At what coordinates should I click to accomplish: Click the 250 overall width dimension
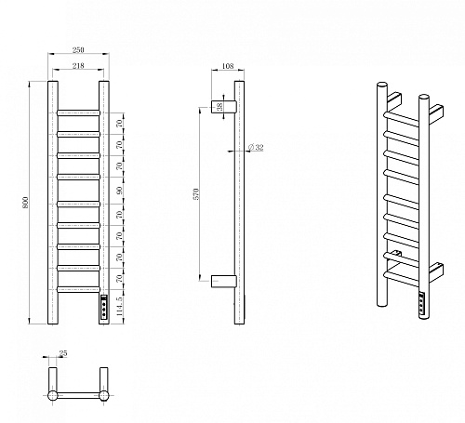78,50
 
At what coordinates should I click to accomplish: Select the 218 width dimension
78,66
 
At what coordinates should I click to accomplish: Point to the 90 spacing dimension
120,191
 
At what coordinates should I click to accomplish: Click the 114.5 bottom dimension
120,306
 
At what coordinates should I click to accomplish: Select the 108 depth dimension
228,66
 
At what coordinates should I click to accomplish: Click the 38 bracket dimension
219,107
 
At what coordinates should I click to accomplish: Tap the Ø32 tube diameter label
256,148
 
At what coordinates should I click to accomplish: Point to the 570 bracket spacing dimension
196,193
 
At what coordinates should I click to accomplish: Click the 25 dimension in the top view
63,353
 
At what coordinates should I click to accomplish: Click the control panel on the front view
104,306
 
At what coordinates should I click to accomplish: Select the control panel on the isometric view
422,304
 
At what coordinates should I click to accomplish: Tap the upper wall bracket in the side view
224,107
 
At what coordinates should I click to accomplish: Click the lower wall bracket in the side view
224,282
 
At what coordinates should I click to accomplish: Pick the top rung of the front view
78,112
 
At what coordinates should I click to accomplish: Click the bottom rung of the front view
78,289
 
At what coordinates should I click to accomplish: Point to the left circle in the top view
53,395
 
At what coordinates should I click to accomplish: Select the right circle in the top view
104,395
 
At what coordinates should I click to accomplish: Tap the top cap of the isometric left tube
382,85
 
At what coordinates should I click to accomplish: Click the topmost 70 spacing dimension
120,124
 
